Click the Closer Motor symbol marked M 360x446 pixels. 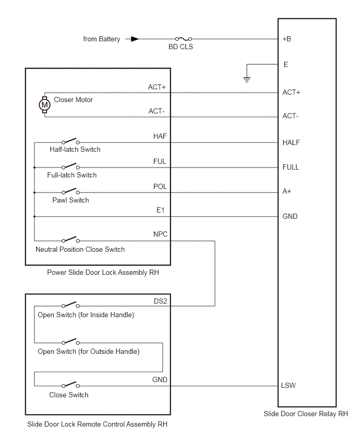pyautogui.click(x=44, y=105)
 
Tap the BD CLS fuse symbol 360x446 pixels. pyautogui.click(x=184, y=39)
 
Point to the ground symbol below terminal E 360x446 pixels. pyautogui.click(x=247, y=80)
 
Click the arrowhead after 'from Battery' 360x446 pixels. pyautogui.click(x=135, y=39)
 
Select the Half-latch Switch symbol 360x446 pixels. pyautogui.click(x=71, y=141)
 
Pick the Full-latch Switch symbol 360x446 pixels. pyautogui.click(x=71, y=166)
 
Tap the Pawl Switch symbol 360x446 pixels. pyautogui.click(x=71, y=191)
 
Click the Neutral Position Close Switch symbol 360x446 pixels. pyautogui.click(x=71, y=240)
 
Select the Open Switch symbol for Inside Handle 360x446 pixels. pyautogui.click(x=71, y=305)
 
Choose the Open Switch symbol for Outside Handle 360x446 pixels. pyautogui.click(x=71, y=341)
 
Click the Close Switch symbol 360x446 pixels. pyautogui.click(x=71, y=385)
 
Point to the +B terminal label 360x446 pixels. pyautogui.click(x=287, y=39)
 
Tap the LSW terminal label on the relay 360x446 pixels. pyautogui.click(x=288, y=385)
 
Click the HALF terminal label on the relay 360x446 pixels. pyautogui.click(x=291, y=142)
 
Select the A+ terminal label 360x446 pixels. pyautogui.click(x=287, y=191)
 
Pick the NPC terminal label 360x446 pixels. pyautogui.click(x=161, y=234)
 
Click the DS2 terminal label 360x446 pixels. pyautogui.click(x=161, y=301)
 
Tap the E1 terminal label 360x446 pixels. pyautogui.click(x=161, y=210)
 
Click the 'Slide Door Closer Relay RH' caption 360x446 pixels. pyautogui.click(x=306, y=414)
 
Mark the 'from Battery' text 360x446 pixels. pyautogui.click(x=102, y=39)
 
